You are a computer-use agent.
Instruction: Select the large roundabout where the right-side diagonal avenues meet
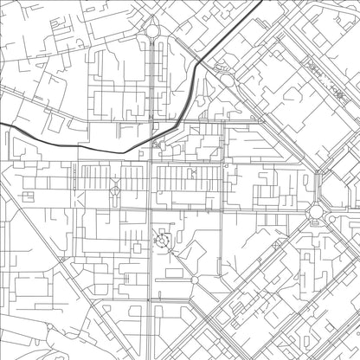pos(316,210)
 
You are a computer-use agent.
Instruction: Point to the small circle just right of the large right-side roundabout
pos(332,219)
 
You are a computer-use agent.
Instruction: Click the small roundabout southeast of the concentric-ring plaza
pos(194,280)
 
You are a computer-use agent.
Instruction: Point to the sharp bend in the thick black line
pos(201,65)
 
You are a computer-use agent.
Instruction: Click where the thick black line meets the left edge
pos(2,125)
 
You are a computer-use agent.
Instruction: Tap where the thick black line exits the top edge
pos(262,2)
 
